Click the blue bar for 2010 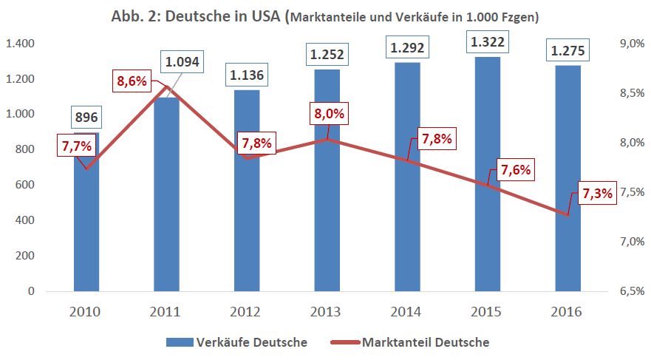[x=86, y=229]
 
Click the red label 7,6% [x=516, y=169]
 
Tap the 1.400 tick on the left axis [x=20, y=44]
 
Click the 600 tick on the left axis [x=25, y=186]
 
